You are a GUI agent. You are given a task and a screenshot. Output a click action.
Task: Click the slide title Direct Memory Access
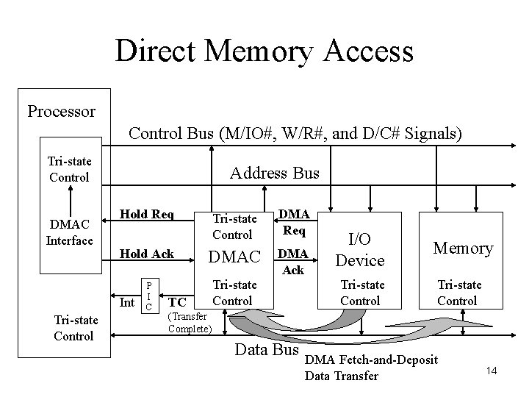[x=264, y=51]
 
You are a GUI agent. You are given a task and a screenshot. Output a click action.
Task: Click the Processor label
[x=61, y=112]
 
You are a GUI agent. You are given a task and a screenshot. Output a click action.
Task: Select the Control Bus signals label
[x=295, y=133]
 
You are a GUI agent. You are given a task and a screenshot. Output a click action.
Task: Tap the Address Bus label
[x=275, y=174]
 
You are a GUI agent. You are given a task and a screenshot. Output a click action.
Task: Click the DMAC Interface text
[x=69, y=232]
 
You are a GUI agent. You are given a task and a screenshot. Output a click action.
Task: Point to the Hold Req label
[x=147, y=215]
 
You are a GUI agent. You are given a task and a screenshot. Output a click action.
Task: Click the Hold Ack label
[x=147, y=254]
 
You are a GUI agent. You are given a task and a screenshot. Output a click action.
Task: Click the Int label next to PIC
[x=127, y=301]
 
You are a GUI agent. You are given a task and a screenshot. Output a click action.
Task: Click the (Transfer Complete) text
[x=190, y=322]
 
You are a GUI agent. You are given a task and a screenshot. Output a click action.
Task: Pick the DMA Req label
[x=295, y=221]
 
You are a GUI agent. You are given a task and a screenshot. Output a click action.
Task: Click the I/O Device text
[x=360, y=248]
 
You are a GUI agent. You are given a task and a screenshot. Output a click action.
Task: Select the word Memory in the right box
[x=463, y=248]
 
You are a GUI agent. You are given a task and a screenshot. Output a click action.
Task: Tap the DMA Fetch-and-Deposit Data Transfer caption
[x=371, y=368]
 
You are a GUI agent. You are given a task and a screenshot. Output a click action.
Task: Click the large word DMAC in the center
[x=235, y=257]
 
